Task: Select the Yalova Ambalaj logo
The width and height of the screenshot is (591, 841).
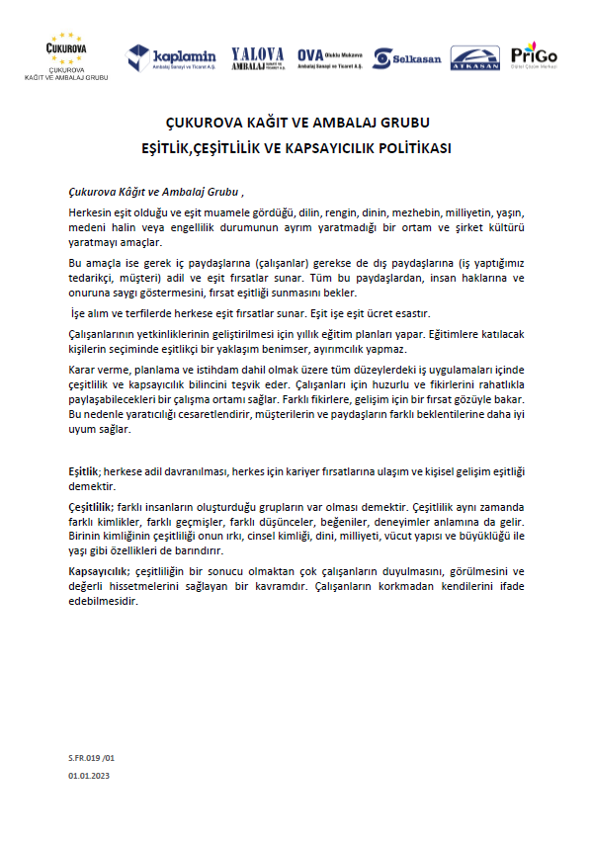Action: (x=257, y=57)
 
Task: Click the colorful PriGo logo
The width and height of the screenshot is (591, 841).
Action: (x=534, y=55)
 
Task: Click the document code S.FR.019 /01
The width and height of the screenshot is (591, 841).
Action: (x=92, y=757)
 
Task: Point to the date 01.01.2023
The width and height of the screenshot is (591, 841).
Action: (x=89, y=777)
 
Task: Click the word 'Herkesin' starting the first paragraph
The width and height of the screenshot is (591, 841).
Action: (x=94, y=212)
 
